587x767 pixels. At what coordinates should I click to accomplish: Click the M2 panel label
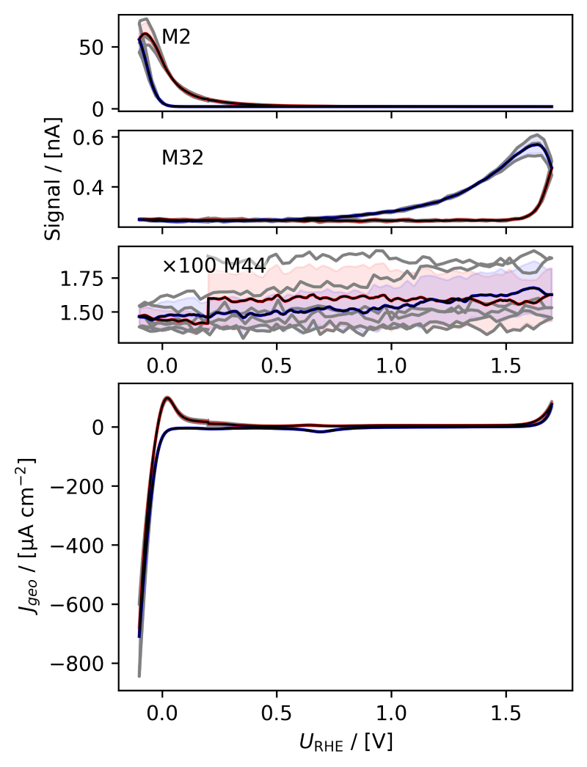click(176, 37)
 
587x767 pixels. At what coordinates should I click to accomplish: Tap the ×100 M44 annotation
click(213, 265)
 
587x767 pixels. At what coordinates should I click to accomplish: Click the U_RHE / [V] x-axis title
click(345, 741)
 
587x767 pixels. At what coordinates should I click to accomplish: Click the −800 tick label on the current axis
click(87, 664)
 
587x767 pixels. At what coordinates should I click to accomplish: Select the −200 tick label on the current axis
click(87, 486)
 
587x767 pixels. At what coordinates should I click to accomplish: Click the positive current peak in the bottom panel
click(168, 398)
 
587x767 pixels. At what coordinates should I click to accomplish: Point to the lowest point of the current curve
click(139, 675)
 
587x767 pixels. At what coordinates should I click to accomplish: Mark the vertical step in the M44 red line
click(208, 310)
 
